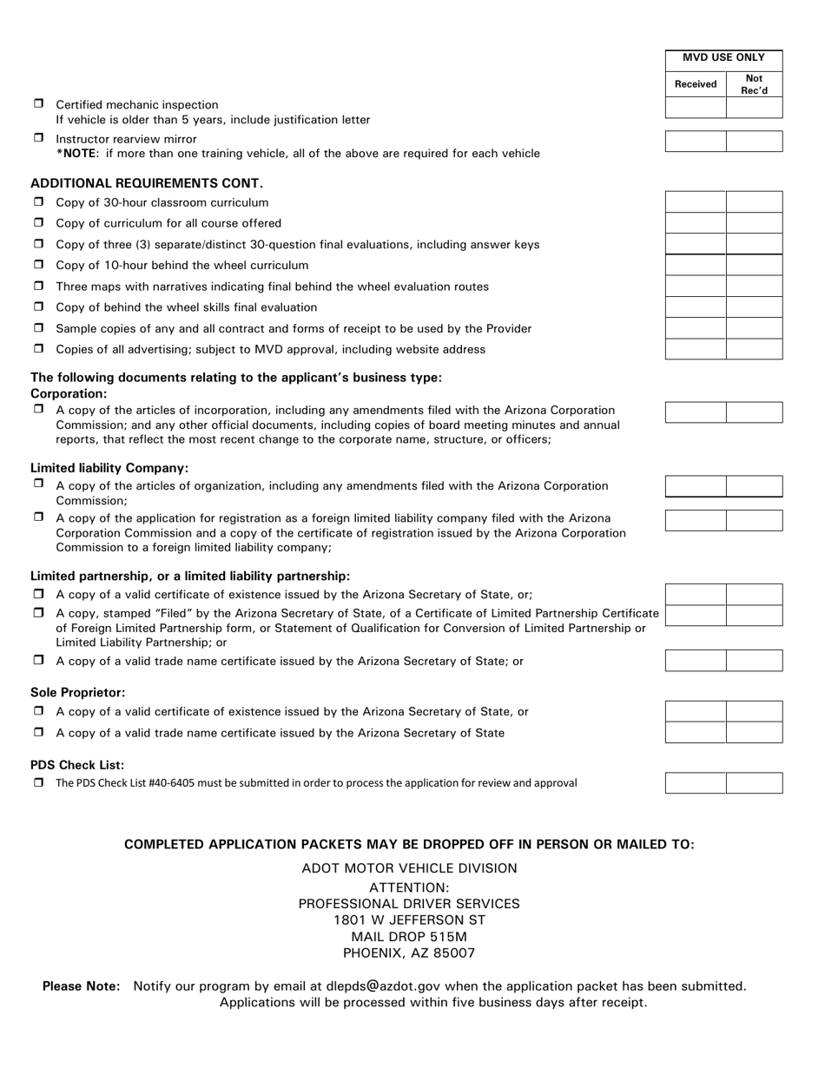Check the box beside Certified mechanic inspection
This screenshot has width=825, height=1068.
pyautogui.click(x=38, y=103)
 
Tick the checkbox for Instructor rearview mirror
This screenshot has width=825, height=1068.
pyautogui.click(x=38, y=138)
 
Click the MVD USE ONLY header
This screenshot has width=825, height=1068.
pyautogui.click(x=723, y=58)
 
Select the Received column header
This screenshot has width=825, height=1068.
pyautogui.click(x=695, y=84)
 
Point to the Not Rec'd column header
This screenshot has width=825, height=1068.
pyautogui.click(x=754, y=84)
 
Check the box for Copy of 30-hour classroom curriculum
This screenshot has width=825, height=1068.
pyautogui.click(x=38, y=201)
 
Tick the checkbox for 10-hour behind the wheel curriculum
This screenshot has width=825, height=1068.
pyautogui.click(x=38, y=264)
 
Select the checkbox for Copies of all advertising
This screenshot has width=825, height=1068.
pyautogui.click(x=38, y=348)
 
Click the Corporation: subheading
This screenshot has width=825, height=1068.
pyautogui.click(x=69, y=393)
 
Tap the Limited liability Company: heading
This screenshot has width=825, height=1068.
pyautogui.click(x=109, y=468)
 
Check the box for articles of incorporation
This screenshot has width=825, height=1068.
pyautogui.click(x=38, y=409)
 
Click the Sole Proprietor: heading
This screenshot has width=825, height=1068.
pyautogui.click(x=78, y=693)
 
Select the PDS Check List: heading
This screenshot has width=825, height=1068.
pyautogui.click(x=77, y=765)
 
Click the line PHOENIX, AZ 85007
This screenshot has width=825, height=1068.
pyautogui.click(x=409, y=953)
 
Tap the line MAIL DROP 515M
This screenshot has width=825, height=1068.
pyautogui.click(x=409, y=937)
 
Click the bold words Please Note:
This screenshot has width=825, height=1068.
pyautogui.click(x=82, y=986)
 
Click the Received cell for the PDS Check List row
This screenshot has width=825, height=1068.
pyautogui.click(x=695, y=783)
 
